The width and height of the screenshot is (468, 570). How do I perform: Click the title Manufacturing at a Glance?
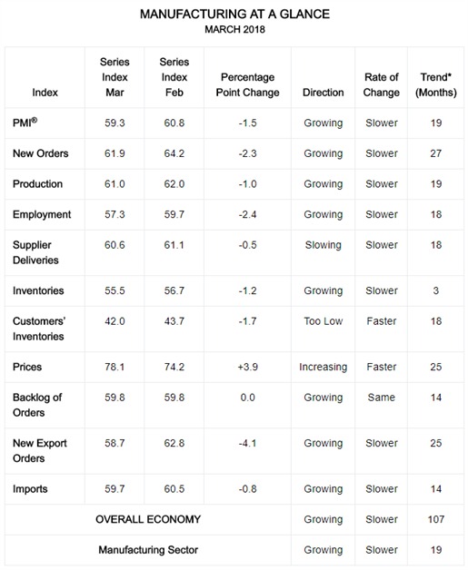[234, 15]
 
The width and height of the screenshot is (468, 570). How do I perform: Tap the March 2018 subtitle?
[234, 29]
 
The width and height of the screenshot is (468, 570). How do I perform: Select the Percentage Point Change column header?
[247, 84]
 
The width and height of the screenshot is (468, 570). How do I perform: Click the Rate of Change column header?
[382, 84]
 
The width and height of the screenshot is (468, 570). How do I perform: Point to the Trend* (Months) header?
[436, 84]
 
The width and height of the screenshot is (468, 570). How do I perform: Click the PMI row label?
[25, 123]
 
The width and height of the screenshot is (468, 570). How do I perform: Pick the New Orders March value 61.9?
[115, 153]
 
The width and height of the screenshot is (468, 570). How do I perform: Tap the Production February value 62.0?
[174, 184]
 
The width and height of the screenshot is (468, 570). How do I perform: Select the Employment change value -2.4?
[247, 214]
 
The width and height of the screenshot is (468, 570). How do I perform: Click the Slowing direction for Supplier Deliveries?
[324, 245]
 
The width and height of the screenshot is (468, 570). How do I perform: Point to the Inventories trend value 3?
[436, 290]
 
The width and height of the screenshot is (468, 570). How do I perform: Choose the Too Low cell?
[324, 321]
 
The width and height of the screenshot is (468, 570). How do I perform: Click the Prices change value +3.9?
[247, 367]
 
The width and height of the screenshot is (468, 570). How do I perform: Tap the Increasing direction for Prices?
[324, 368]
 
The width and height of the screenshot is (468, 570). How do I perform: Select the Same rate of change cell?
[382, 398]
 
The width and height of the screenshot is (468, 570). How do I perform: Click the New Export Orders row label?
[40, 451]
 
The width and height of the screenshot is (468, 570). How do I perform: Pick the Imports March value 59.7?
[115, 489]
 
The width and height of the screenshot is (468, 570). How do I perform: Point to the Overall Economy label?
[148, 519]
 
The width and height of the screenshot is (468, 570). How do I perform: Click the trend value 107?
[436, 519]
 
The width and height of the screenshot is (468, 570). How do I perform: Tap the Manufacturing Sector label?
[148, 550]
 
